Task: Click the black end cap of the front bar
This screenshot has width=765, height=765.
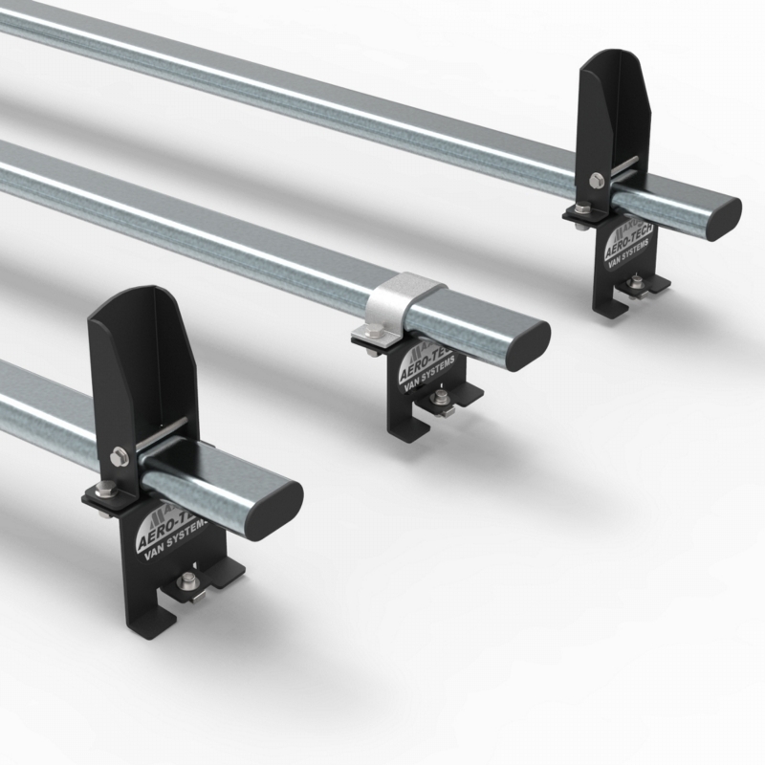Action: (278, 502)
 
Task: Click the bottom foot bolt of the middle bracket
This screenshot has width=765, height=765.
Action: (442, 399)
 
